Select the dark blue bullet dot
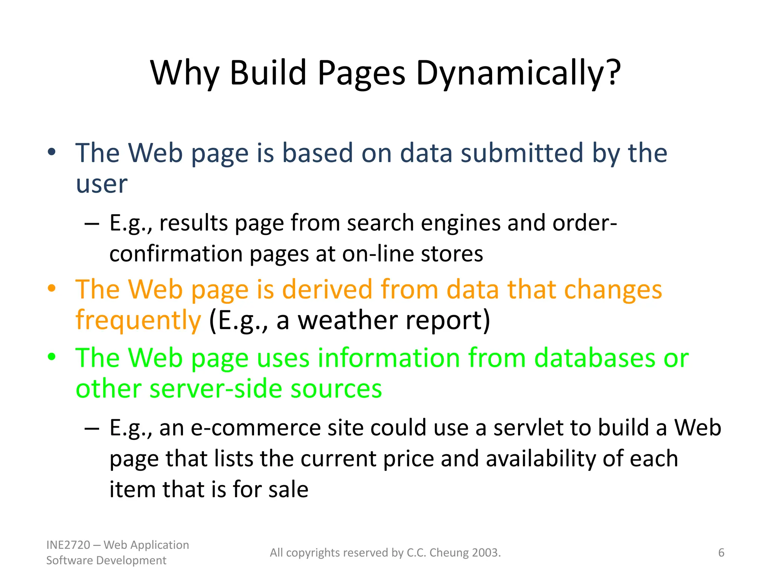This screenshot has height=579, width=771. [52, 152]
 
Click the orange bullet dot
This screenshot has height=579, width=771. [52, 288]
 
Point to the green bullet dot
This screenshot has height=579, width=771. [52, 357]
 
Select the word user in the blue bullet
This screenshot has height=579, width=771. [102, 184]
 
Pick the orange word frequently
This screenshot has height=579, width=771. [138, 320]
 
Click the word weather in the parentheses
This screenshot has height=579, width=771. [348, 320]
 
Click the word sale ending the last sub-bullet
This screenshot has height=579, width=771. [288, 490]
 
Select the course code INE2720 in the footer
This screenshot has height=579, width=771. [68, 545]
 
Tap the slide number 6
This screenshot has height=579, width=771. [721, 553]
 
